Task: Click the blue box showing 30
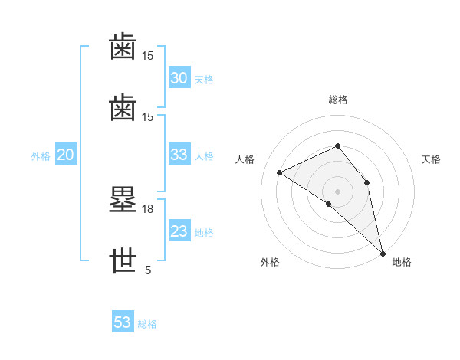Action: tap(179, 77)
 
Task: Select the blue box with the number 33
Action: tap(179, 154)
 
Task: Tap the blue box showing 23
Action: tap(179, 230)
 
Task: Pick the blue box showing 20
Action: tap(66, 154)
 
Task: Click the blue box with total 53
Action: tap(123, 321)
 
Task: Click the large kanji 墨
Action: tap(123, 199)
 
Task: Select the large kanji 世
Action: tap(123, 260)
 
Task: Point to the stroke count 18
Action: tap(147, 209)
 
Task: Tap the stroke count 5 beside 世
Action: tap(148, 270)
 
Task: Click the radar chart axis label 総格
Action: tap(338, 100)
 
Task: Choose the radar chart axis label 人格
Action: tap(245, 159)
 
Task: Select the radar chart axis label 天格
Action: tap(431, 159)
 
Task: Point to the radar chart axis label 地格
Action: tap(402, 262)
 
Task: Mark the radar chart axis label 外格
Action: tap(270, 262)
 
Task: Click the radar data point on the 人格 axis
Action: tap(280, 172)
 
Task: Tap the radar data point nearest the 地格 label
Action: tap(383, 254)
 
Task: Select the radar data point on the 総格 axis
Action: tap(337, 146)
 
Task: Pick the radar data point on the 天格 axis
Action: tap(366, 182)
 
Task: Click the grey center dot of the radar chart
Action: tap(337, 191)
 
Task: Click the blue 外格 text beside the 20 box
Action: tap(41, 156)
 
